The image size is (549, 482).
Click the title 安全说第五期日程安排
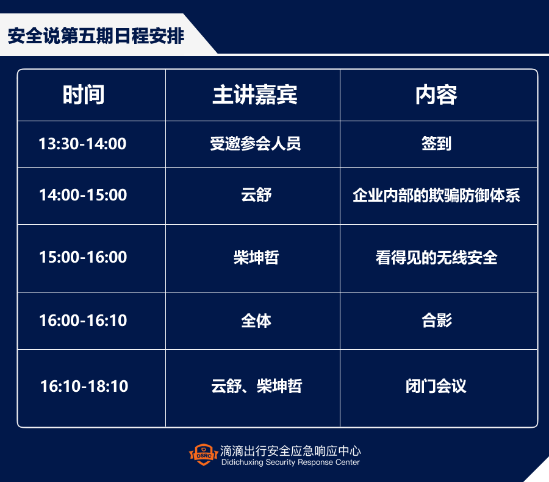coord(96,36)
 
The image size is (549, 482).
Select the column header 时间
coord(84,95)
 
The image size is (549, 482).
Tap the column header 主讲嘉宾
coord(255,95)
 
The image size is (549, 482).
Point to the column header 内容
coord(436,95)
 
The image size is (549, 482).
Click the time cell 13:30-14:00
coord(82,144)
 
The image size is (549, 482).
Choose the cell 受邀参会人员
coord(255,143)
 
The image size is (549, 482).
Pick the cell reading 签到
coord(437,143)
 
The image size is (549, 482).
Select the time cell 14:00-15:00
coord(82,195)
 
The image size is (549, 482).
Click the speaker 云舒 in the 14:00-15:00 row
coord(256,195)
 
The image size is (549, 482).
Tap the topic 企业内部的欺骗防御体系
coord(436,195)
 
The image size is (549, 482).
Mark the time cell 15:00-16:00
coord(82,257)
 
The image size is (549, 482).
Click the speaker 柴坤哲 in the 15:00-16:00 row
coord(256,257)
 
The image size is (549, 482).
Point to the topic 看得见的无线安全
coord(436,257)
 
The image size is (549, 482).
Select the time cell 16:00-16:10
coord(82,321)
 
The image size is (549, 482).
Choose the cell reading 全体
coord(256,321)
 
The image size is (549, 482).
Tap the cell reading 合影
coord(437,321)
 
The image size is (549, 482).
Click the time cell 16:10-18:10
coord(84,386)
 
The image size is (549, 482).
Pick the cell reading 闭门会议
coord(436,386)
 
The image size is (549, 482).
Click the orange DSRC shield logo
coord(203,455)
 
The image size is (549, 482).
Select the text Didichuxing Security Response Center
coord(290,462)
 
